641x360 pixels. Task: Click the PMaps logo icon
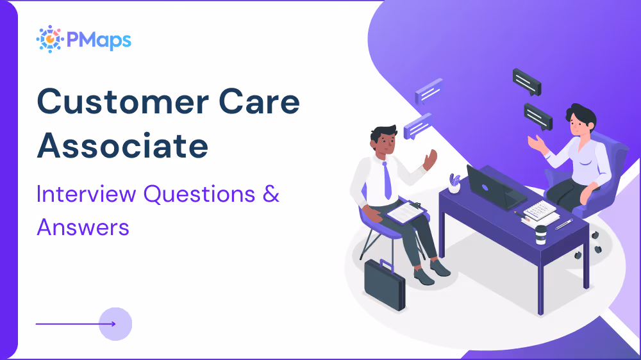[49, 39]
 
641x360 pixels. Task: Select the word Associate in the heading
[122, 146]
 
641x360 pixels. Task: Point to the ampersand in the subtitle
[271, 193]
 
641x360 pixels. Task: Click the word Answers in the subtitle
[83, 226]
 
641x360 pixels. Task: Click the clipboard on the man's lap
[406, 212]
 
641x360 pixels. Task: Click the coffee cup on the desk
[541, 234]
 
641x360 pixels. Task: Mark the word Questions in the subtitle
[201, 193]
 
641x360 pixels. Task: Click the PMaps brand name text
[96, 40]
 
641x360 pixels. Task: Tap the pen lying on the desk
[565, 224]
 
